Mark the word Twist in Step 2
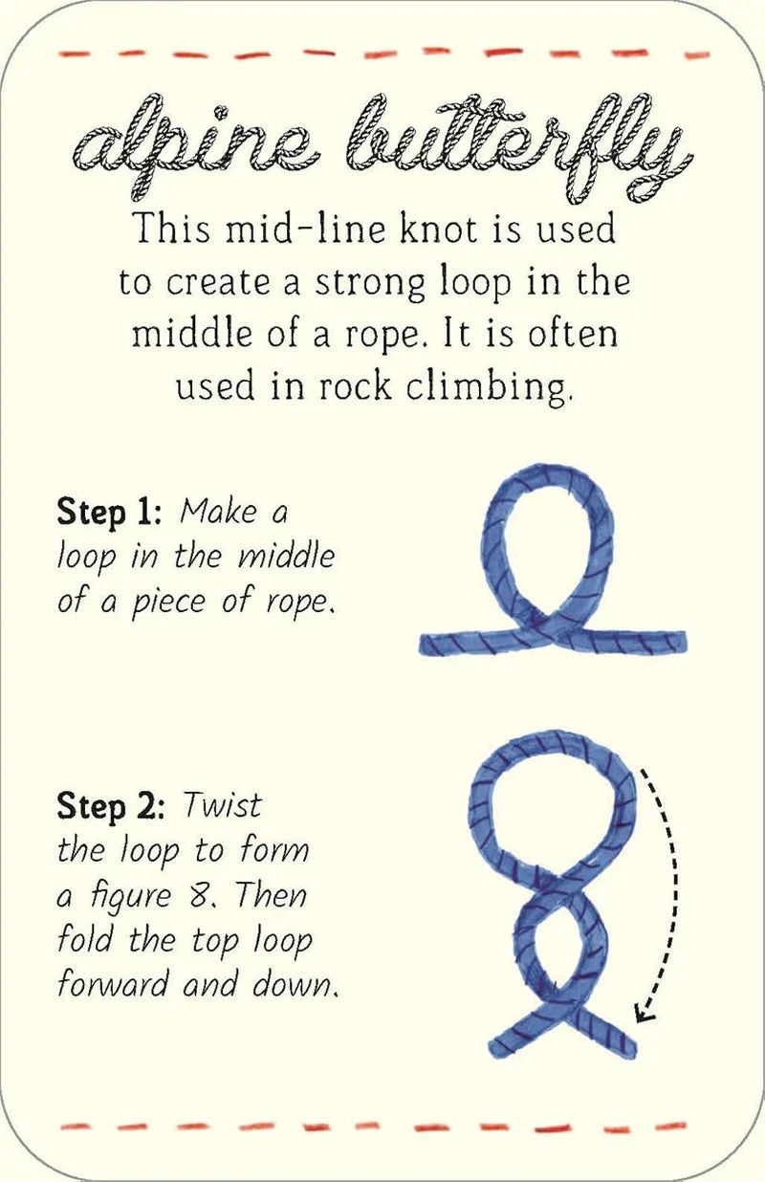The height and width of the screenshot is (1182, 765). click(x=222, y=806)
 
